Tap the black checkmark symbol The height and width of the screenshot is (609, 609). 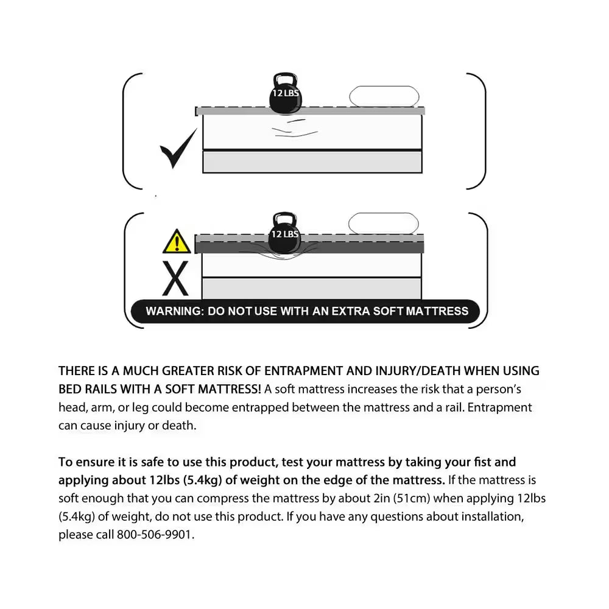click(178, 149)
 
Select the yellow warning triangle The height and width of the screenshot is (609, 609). click(177, 242)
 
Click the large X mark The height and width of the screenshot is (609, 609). click(176, 280)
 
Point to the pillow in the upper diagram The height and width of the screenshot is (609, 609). click(384, 97)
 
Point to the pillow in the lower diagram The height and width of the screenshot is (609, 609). click(383, 223)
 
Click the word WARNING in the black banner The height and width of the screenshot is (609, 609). click(174, 311)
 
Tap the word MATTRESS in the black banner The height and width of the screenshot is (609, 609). click(437, 311)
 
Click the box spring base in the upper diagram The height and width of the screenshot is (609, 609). click(312, 161)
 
